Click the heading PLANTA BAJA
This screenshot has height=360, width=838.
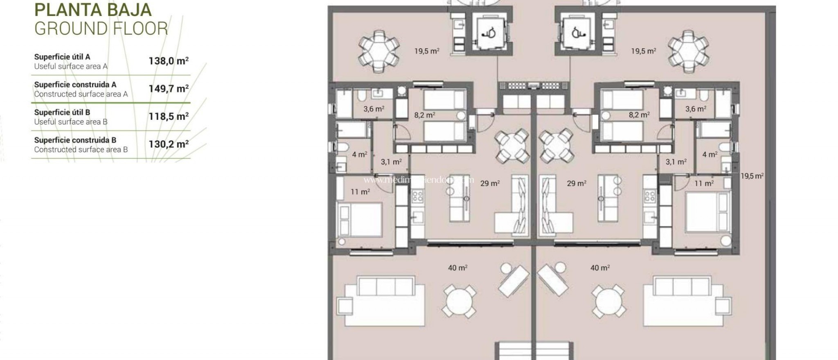pos(93,10)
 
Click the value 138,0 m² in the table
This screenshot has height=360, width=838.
pos(169,61)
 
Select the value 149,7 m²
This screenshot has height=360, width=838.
pos(169,89)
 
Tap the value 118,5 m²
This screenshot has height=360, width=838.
pos(169,117)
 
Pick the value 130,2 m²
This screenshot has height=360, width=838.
pos(169,144)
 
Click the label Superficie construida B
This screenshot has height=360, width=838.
pos(75,140)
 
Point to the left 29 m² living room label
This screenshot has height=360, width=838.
pos(490,183)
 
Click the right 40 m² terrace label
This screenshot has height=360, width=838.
pos(600,268)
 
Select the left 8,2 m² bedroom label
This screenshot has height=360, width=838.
pos(424,115)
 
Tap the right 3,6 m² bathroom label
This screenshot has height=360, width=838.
pos(696,109)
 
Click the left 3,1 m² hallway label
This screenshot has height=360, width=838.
pos(391,162)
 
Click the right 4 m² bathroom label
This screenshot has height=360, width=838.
pos(710,155)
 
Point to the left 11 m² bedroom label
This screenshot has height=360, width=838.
pos(360,191)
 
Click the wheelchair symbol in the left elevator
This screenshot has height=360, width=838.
pos(489,33)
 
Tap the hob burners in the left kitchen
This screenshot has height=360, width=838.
pos(418,196)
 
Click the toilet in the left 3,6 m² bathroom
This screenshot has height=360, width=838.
pos(361,97)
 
